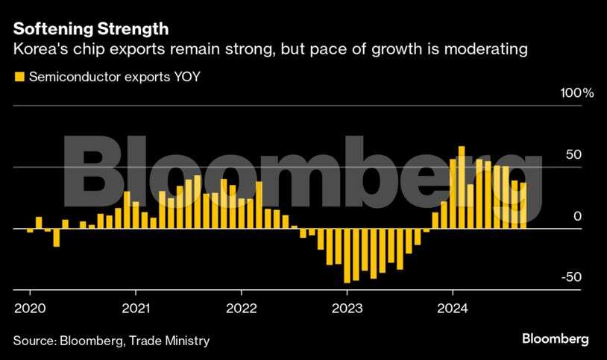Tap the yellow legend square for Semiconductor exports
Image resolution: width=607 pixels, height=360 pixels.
pos(18,76)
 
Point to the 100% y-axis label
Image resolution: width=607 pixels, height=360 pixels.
pos(576,94)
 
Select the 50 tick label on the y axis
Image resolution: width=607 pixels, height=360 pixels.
pos(573,155)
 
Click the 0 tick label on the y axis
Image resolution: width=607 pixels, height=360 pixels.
pos(577,216)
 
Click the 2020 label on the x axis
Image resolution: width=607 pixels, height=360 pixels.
pos(30,308)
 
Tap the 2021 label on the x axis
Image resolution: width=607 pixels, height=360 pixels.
pos(135,308)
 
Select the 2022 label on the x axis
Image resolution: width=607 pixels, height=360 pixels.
pos(241,308)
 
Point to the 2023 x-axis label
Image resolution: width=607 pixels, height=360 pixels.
pos(347,308)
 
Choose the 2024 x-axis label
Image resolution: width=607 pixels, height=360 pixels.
pos(453,308)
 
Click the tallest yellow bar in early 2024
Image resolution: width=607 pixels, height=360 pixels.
pos(462,186)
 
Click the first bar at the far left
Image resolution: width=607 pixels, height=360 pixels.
pos(30,230)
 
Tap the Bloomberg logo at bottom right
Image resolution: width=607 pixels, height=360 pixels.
pos(555,339)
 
